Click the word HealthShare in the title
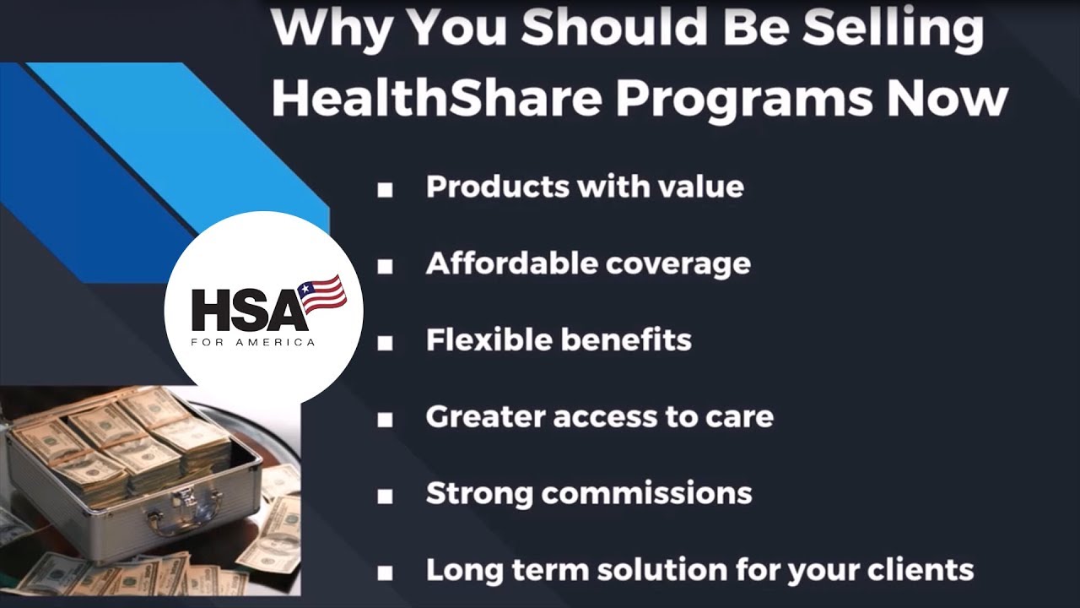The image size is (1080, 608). [x=436, y=99]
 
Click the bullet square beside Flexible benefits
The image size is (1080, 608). [x=385, y=343]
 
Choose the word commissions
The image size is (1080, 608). [x=646, y=493]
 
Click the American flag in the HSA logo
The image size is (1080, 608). [x=324, y=293]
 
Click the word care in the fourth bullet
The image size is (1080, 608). [x=742, y=416]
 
